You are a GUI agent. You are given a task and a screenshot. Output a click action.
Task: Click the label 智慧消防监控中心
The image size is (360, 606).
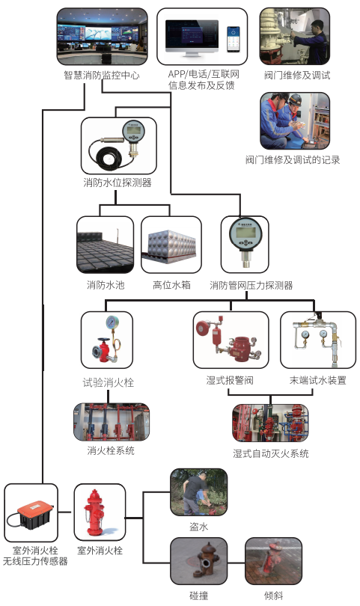click(x=102, y=75)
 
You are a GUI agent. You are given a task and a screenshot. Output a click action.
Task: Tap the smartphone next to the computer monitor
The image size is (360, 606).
click(x=234, y=39)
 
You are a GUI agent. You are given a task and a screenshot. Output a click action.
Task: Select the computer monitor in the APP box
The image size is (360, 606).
click(x=192, y=38)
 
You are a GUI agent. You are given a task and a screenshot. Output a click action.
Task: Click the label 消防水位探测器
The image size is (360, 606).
click(x=118, y=183)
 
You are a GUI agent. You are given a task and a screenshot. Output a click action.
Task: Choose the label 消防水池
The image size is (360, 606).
click(x=106, y=285)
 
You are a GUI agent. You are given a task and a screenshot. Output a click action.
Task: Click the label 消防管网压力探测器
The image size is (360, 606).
click(x=251, y=286)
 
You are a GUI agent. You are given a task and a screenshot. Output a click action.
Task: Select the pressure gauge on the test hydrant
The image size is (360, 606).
click(x=112, y=322)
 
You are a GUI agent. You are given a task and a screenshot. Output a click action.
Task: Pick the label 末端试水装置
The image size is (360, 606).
click(x=317, y=380)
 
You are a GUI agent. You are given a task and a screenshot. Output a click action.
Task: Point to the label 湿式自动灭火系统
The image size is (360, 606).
click(x=271, y=453)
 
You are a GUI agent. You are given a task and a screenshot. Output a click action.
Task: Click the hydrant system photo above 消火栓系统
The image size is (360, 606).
click(x=112, y=423)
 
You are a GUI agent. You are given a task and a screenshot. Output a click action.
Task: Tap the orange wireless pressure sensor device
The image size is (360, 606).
click(x=32, y=512)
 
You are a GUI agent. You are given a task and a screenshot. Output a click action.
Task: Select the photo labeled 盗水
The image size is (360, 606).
click(x=199, y=492)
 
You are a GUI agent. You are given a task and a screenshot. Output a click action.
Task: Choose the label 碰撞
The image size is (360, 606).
click(x=199, y=596)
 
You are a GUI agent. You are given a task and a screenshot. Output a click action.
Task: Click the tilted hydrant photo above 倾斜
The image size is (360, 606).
click(x=274, y=560)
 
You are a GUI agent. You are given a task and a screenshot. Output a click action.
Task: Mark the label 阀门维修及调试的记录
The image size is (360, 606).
click(x=293, y=159)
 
